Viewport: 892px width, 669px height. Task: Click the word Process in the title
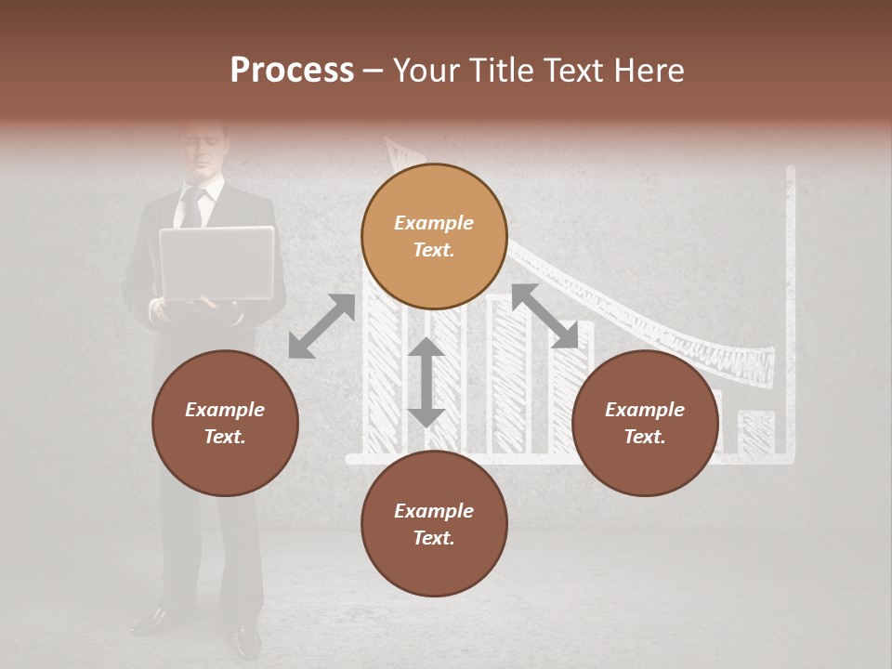292,70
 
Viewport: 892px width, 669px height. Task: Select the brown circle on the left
225,423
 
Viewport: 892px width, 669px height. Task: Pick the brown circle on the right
645,423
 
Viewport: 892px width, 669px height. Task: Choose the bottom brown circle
434,524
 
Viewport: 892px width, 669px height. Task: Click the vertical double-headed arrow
426,382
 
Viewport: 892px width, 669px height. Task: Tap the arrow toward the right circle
552,316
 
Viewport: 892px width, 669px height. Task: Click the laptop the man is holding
217,262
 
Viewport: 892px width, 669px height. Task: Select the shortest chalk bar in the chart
756,432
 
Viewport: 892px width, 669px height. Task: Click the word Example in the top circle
434,223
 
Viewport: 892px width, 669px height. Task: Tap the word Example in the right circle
645,410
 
